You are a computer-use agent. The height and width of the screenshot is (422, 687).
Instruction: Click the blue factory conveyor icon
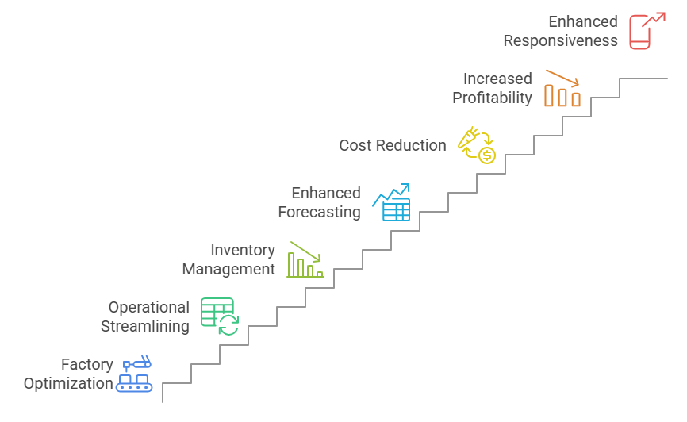click(134, 374)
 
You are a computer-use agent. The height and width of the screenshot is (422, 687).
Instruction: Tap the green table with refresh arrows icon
click(219, 316)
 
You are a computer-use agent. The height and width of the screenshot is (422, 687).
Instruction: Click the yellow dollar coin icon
click(487, 155)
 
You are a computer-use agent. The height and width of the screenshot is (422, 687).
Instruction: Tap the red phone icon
click(646, 32)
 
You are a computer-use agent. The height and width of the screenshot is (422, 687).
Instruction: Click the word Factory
click(87, 365)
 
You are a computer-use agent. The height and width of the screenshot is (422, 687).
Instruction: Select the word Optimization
click(68, 384)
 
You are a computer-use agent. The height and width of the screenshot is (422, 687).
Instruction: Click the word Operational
click(149, 307)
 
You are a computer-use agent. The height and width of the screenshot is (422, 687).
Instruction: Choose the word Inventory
click(242, 251)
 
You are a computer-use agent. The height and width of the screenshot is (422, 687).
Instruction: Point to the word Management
click(228, 270)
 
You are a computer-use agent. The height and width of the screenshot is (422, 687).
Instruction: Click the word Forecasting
click(319, 212)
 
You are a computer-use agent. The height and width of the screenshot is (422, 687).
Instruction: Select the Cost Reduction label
click(393, 146)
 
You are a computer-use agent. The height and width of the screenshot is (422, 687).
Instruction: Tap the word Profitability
click(492, 98)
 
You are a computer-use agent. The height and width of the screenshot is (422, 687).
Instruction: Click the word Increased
click(497, 79)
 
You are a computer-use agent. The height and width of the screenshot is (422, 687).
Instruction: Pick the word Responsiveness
click(560, 41)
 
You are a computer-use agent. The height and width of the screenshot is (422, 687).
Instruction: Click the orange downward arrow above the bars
click(562, 78)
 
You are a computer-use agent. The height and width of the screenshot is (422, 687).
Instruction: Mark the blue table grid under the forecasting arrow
click(396, 209)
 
